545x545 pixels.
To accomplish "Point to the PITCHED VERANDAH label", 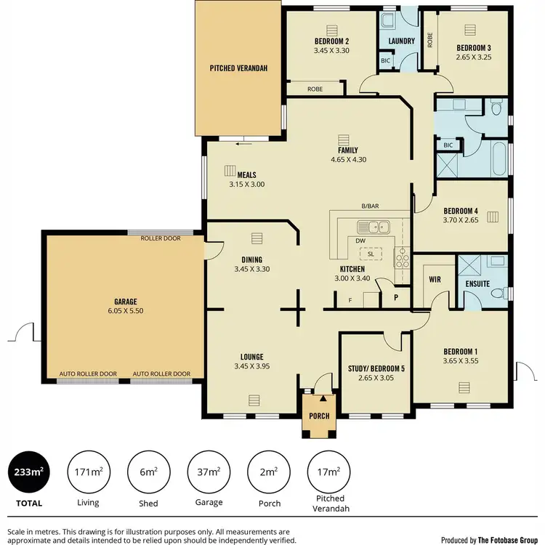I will click(x=239, y=68).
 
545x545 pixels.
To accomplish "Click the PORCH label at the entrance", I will click(x=319, y=416).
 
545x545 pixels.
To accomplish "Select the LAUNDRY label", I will click(x=401, y=41).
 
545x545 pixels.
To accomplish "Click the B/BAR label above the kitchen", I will click(x=371, y=206).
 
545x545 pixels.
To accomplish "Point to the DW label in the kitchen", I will click(x=360, y=241).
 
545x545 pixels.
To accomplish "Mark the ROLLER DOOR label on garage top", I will click(x=161, y=238).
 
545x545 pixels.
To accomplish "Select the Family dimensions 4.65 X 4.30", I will click(x=347, y=158).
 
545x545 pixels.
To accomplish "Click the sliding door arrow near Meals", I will click(x=238, y=143).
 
